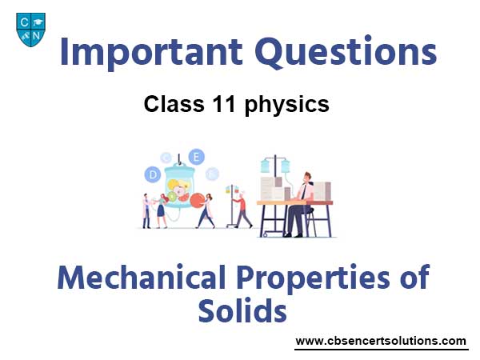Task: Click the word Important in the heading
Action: coord(151,53)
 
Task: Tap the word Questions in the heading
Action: coord(346,52)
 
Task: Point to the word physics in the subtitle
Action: coord(287,106)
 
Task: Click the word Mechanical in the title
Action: coord(142,278)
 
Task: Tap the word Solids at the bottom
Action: coord(242,310)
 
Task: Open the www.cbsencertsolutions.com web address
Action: coord(381,341)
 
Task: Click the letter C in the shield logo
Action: coord(24,22)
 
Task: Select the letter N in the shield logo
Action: coord(37,35)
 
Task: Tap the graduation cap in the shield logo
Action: coord(38,22)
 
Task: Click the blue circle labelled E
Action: coord(196,158)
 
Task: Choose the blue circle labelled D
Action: coord(153,175)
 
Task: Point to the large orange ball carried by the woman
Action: coord(197,201)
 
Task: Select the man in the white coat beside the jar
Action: coord(146,211)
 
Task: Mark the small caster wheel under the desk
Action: coord(266,234)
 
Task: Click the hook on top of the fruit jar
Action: coord(179,160)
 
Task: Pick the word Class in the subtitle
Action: coord(174,104)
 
